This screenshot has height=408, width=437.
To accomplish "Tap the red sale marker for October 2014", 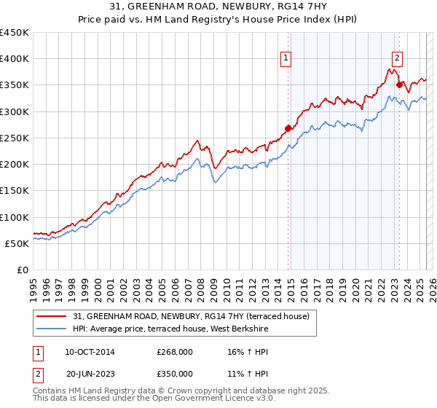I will [288, 128].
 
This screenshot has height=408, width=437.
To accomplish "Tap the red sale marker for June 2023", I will [399, 85].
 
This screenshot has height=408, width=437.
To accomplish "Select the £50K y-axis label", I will [17, 243].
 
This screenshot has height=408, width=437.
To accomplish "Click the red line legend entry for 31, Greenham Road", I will [192, 316].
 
